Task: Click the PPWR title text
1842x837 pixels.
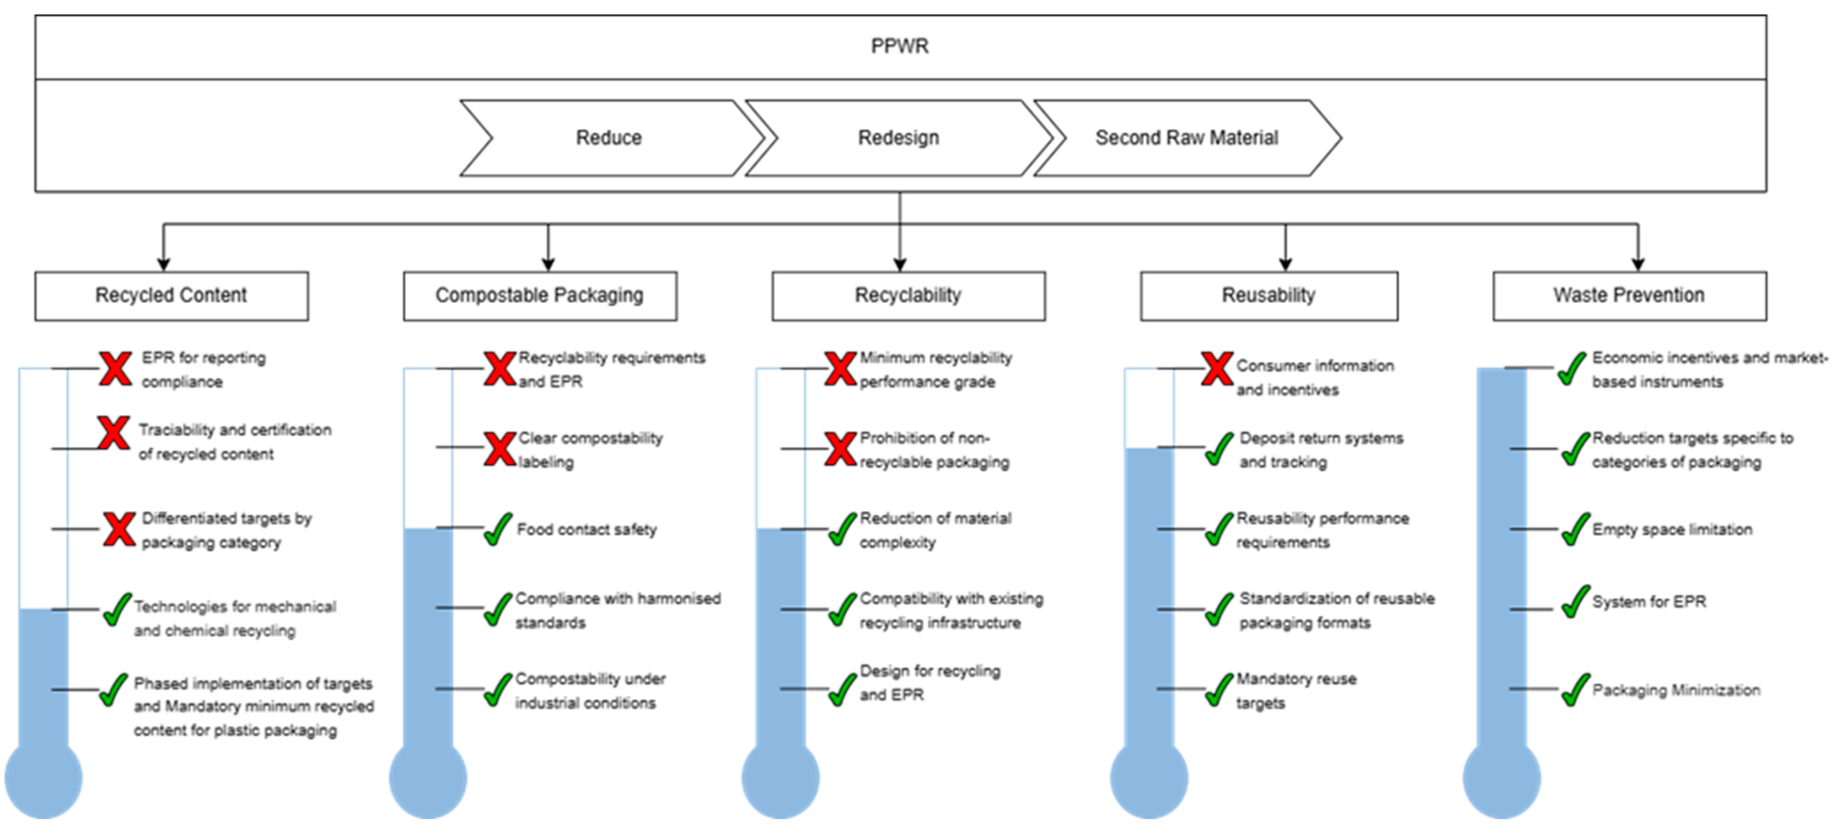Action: [899, 46]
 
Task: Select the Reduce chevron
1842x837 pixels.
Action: [609, 137]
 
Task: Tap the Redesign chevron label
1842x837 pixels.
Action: [898, 137]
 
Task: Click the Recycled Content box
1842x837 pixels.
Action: [171, 295]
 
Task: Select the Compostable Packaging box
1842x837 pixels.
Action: [540, 295]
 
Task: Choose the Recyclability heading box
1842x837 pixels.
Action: [908, 295]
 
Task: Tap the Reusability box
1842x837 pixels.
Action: [1268, 295]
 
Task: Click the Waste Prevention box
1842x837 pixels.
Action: [1629, 295]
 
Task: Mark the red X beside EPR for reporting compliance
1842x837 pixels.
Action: [115, 369]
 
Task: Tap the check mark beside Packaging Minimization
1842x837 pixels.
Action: [1575, 690]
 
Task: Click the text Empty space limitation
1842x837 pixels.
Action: [1672, 530]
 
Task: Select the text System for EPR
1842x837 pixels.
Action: [1649, 602]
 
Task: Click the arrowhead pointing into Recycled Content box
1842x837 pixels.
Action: [164, 264]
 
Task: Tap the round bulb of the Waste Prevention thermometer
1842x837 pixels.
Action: [1502, 779]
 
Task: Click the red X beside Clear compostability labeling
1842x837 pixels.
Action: [499, 449]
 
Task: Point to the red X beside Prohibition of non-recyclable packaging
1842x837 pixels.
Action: [840, 449]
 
